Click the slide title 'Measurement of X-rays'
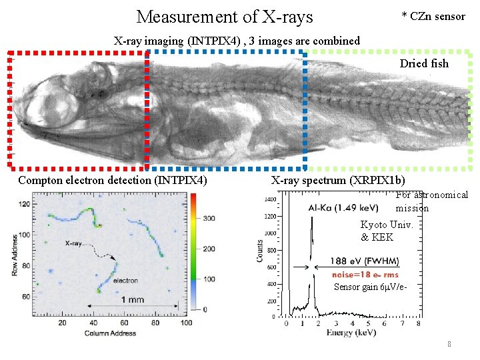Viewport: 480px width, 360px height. pos(224,16)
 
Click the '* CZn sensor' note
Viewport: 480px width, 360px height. pos(433,16)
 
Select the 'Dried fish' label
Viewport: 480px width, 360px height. pos(424,64)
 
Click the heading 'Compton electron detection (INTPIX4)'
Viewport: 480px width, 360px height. pos(113,180)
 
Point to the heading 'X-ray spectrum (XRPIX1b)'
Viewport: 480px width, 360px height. pos(338,180)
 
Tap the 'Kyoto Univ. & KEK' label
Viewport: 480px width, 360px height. pos(387,231)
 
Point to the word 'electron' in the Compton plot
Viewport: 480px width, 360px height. pos(125,280)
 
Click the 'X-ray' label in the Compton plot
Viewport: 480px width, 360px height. pos(74,244)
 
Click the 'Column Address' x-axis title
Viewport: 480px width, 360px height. pos(110,333)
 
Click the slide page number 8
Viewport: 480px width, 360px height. pos(449,345)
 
